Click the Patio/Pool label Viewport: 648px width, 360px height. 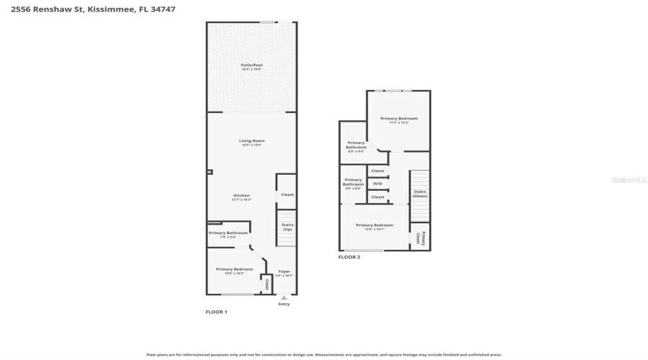[x=251, y=65]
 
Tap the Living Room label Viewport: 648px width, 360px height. [x=252, y=140]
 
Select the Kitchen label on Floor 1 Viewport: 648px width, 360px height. [x=240, y=195]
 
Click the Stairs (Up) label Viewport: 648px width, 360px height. [x=287, y=226]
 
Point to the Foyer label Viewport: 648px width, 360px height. [x=284, y=271]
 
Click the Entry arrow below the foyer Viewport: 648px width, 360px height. [x=284, y=297]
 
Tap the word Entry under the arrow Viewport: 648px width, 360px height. [x=284, y=304]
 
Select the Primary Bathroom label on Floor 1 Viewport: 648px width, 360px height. [x=228, y=233]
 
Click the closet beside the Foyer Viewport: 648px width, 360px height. [x=266, y=284]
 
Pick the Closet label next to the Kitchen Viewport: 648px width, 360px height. [x=287, y=194]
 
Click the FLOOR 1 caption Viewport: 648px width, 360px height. [x=217, y=312]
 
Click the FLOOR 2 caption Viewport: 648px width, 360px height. [x=349, y=256]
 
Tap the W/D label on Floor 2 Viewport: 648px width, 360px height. [x=377, y=184]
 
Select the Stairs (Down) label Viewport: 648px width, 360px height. [x=420, y=194]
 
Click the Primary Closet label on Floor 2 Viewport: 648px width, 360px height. [x=420, y=238]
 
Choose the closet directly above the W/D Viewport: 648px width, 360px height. [x=377, y=171]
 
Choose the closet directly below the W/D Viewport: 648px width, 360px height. [x=377, y=197]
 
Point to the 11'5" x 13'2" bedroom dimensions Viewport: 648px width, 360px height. [x=399, y=122]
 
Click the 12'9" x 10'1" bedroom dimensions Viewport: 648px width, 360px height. [x=374, y=229]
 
